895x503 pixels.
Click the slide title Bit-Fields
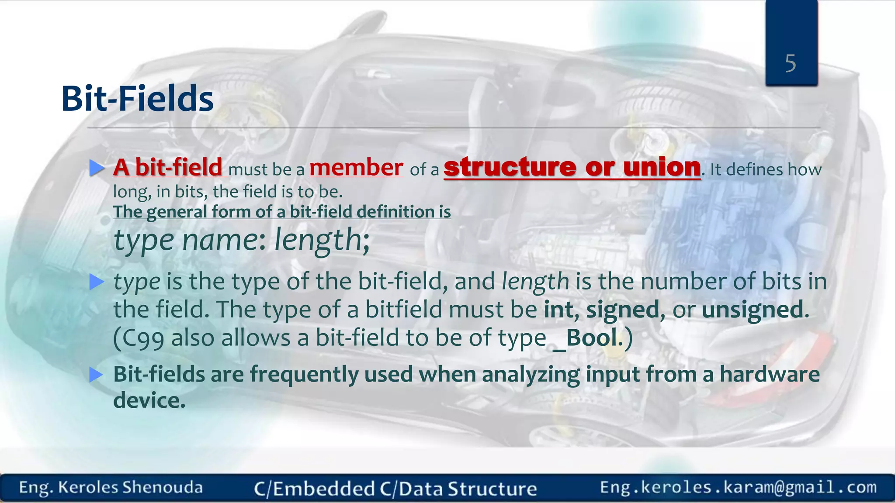137,99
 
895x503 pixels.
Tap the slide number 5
791,64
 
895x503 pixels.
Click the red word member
356,168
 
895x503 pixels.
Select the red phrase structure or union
572,167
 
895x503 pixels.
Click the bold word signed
622,310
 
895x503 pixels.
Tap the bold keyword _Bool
586,338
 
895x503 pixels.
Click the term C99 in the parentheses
140,338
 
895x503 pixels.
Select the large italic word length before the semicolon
317,240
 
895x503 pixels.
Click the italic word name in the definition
221,240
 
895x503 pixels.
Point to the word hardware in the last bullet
770,374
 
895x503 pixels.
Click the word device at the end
149,400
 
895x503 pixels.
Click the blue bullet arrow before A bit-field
97,168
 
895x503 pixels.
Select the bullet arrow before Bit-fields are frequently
97,375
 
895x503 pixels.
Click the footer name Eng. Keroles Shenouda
111,488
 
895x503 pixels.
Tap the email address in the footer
738,487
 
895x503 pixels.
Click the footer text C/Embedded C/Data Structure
395,489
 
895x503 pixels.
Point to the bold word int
558,310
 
